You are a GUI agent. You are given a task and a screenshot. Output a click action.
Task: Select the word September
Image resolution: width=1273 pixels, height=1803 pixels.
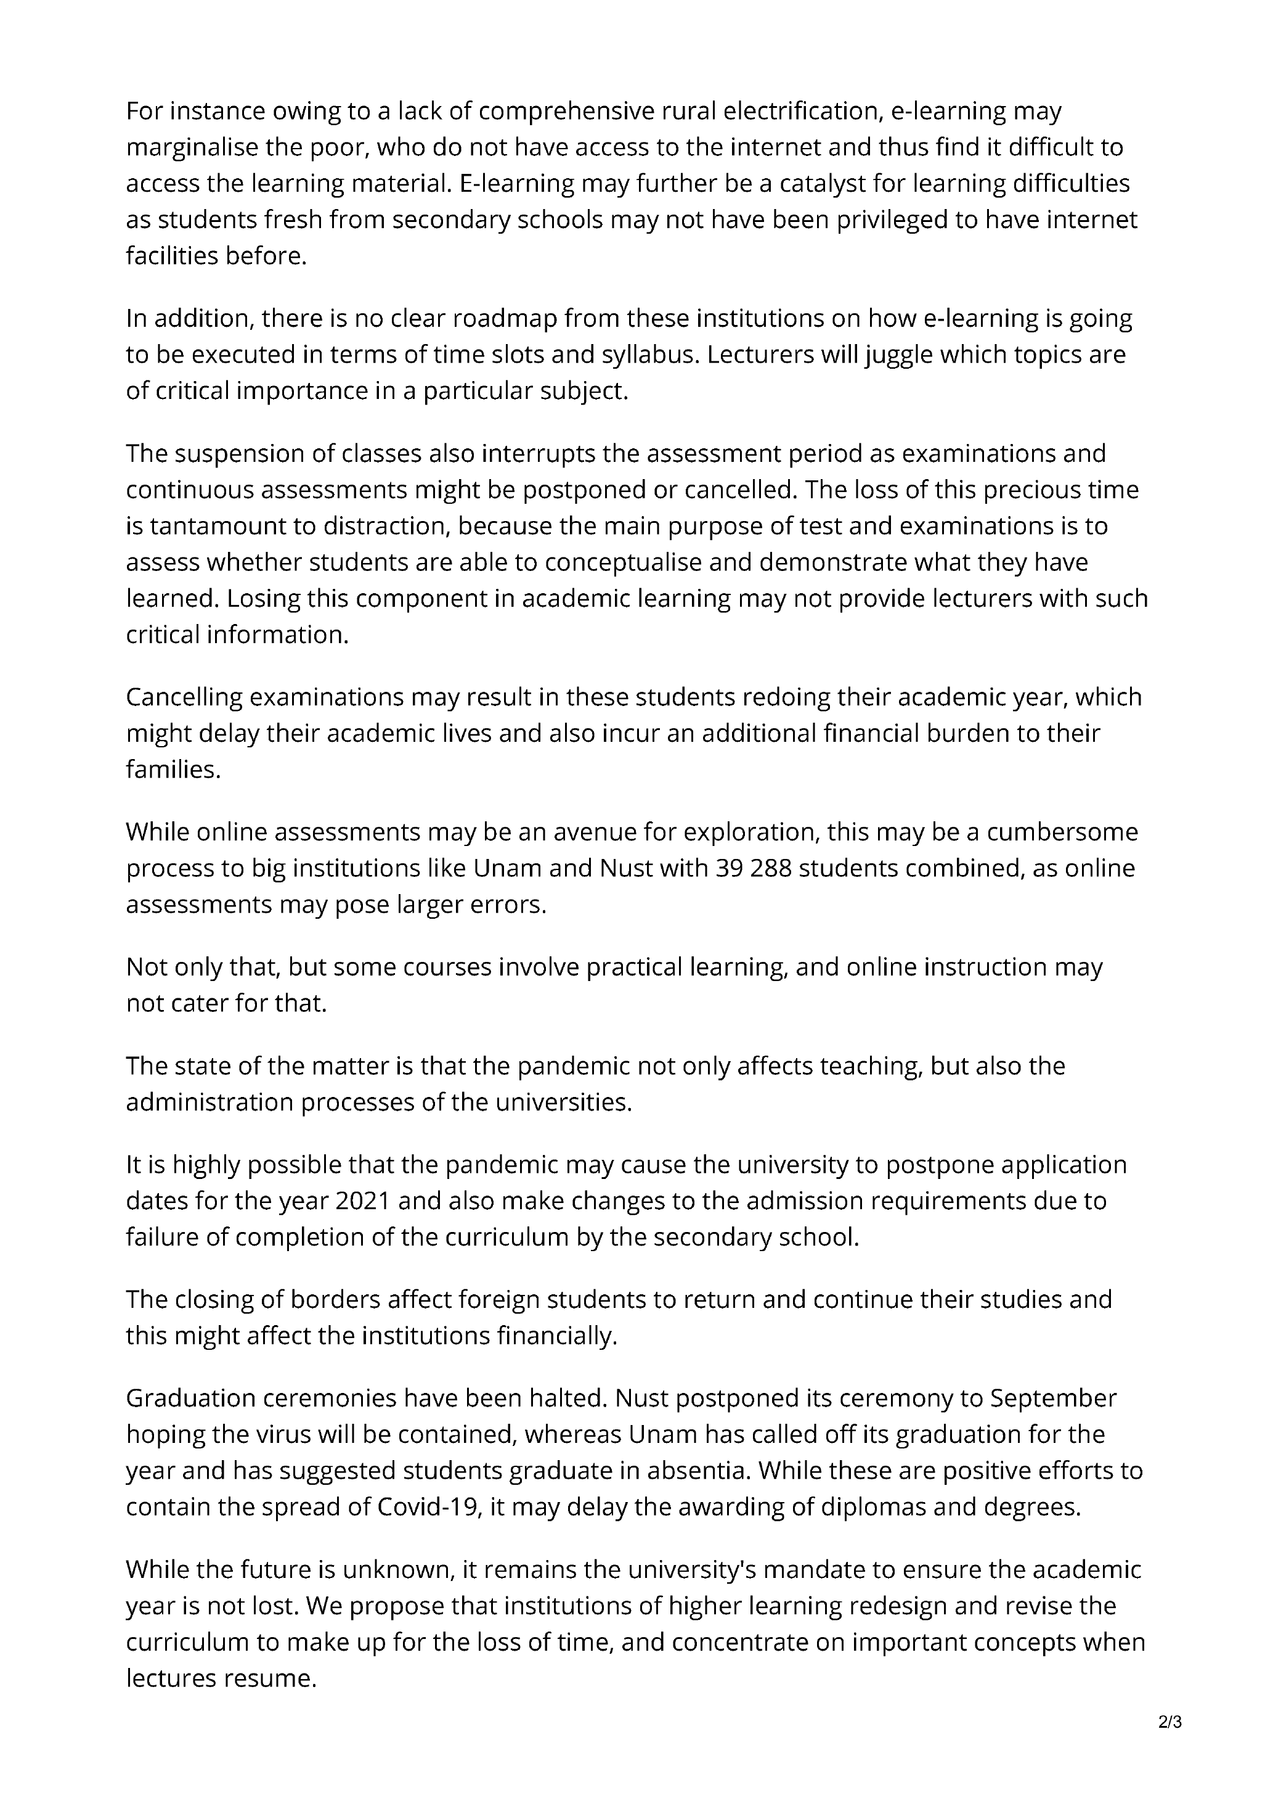point(1052,1398)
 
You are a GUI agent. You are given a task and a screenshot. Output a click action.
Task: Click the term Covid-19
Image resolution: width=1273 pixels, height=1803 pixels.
point(429,1507)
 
